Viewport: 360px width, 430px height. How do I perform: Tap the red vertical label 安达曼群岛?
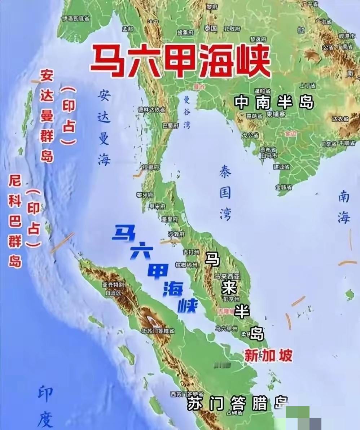[47, 115]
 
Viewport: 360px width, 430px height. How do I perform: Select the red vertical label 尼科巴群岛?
[15, 221]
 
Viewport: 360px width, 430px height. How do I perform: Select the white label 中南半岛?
[274, 102]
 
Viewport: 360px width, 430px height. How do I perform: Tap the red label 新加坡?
[268, 356]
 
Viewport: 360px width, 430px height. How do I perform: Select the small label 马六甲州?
[227, 328]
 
